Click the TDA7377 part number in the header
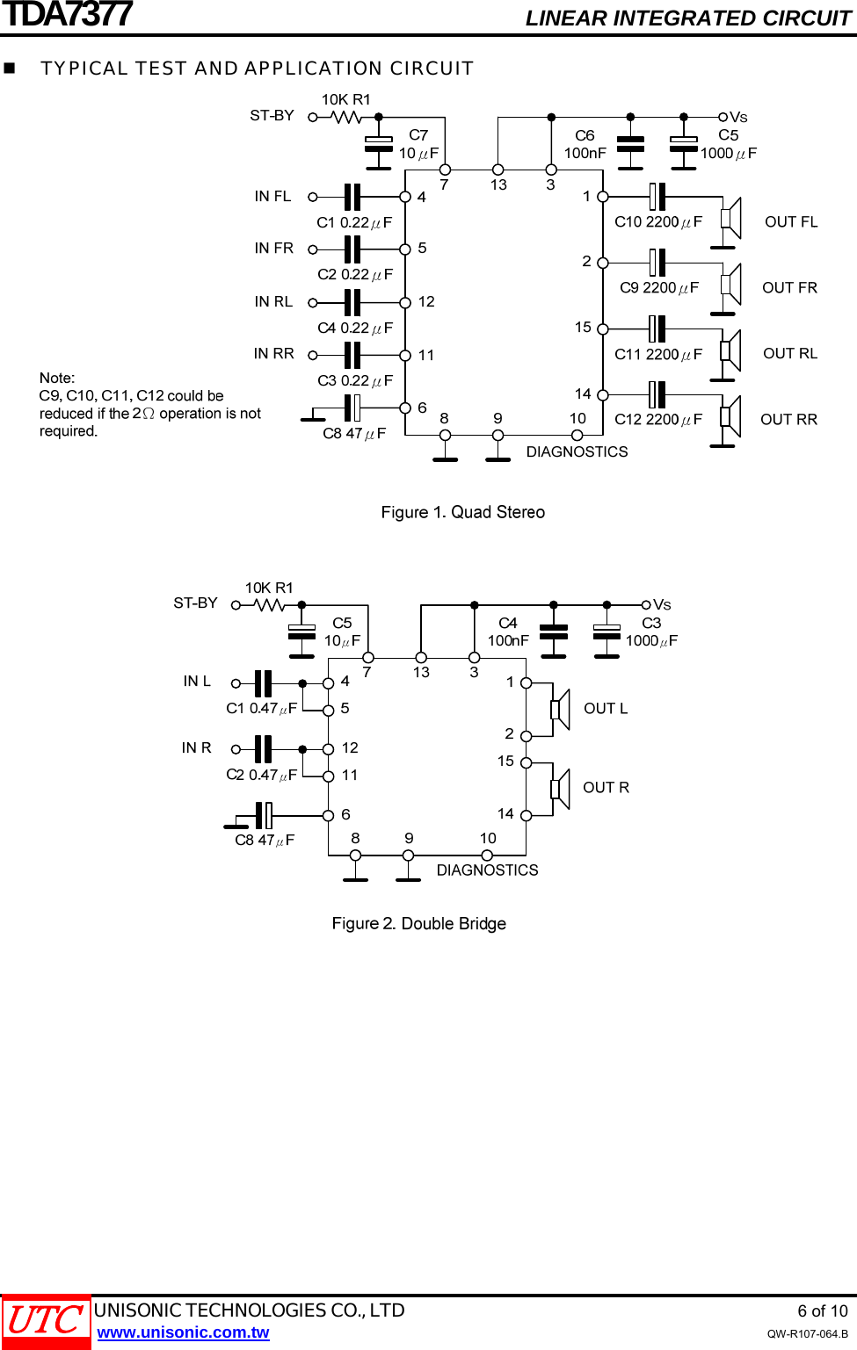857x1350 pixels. tap(67, 15)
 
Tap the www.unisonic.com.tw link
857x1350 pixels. tap(183, 1332)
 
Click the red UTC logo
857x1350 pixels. tap(46, 1321)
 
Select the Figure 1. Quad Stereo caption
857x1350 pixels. tap(462, 512)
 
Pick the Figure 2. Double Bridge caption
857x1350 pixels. tap(418, 923)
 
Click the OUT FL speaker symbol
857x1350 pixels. tap(730, 218)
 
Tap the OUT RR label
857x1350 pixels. tap(788, 420)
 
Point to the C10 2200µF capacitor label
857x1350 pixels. tap(658, 222)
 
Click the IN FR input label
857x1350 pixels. tap(273, 249)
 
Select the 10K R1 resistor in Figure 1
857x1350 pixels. tap(346, 116)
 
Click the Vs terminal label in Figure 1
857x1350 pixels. tap(738, 118)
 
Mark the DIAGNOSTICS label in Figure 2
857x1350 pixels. tap(487, 870)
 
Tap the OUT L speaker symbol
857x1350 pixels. tap(560, 710)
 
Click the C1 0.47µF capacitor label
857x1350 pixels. tap(261, 708)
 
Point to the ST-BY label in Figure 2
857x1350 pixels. tap(195, 603)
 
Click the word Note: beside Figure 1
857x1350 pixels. tap(57, 378)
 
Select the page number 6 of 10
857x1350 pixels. tap(822, 1311)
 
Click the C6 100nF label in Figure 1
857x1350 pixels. tap(585, 144)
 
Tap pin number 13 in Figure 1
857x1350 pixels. tap(498, 184)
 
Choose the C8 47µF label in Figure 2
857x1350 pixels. tap(265, 841)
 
